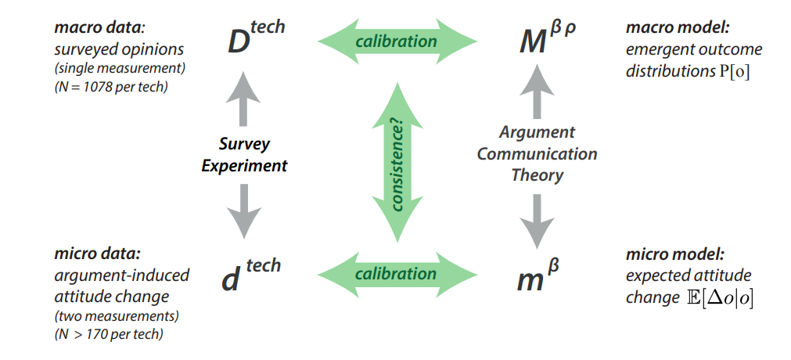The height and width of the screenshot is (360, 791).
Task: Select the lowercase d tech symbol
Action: [x=249, y=275]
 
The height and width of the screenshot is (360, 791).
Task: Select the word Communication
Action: [x=537, y=153]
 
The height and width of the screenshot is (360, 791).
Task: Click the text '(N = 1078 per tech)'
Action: [x=111, y=86]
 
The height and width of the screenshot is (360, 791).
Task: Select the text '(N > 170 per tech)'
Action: [x=110, y=336]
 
